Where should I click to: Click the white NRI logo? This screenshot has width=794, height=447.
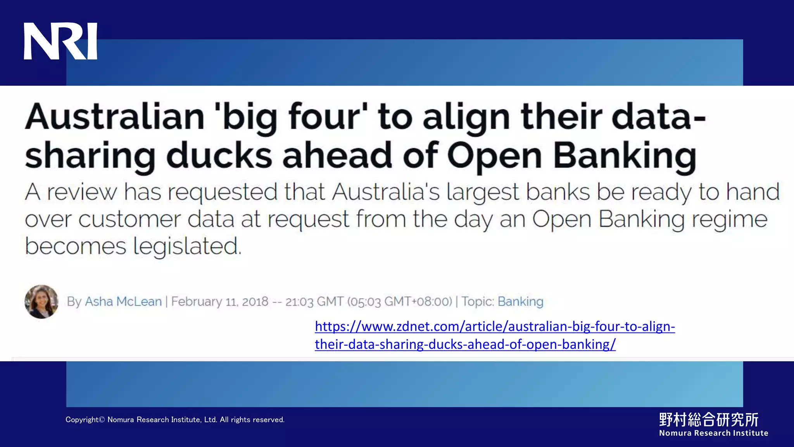tap(60, 41)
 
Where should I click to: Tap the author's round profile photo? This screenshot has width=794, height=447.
tap(41, 301)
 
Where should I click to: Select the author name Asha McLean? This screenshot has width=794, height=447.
tap(123, 301)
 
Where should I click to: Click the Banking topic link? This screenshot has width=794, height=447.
tap(520, 301)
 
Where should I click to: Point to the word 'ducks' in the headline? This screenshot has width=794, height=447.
tap(219, 156)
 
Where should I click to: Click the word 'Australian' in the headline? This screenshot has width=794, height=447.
tap(115, 117)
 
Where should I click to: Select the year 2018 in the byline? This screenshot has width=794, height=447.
tap(255, 301)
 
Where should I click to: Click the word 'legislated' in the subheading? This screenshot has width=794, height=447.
tap(187, 246)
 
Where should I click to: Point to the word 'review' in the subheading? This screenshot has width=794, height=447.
tap(82, 192)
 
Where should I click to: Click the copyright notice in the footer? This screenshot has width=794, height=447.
tap(175, 419)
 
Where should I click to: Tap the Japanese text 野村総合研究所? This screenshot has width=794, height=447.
tap(709, 419)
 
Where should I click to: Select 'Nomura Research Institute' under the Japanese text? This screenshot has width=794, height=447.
tap(713, 433)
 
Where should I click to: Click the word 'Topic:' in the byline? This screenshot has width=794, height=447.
tap(478, 301)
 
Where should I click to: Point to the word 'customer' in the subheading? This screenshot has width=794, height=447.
tap(129, 219)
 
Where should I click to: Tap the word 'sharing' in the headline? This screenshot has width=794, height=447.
tap(90, 156)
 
